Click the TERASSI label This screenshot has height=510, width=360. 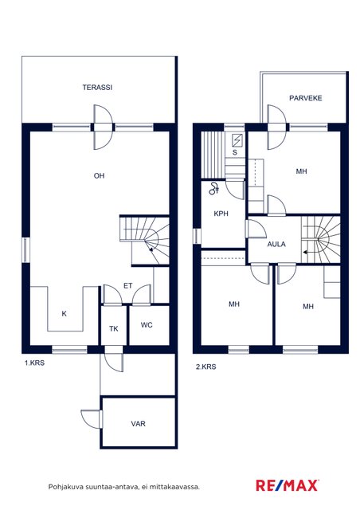coord(97,87)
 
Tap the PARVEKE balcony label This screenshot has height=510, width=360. coord(305,98)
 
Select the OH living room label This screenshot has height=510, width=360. coord(100,175)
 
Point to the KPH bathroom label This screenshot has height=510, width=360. coord(221,214)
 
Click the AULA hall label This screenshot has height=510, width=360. coord(276,244)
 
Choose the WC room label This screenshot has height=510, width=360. coord(147,324)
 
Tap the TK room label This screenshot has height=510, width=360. coord(114,329)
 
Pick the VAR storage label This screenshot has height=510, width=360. coord(139,424)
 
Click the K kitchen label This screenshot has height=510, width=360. coord(64,313)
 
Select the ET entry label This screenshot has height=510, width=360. coord(127,285)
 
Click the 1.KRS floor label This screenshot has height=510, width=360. coord(34,363)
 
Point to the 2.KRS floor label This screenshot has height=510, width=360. coord(205,367)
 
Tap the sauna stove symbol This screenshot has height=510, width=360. coord(237,140)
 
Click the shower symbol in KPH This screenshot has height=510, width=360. coord(214,189)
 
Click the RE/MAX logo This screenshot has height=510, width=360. coord(287,485)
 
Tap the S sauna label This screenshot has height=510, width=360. coord(235,152)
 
